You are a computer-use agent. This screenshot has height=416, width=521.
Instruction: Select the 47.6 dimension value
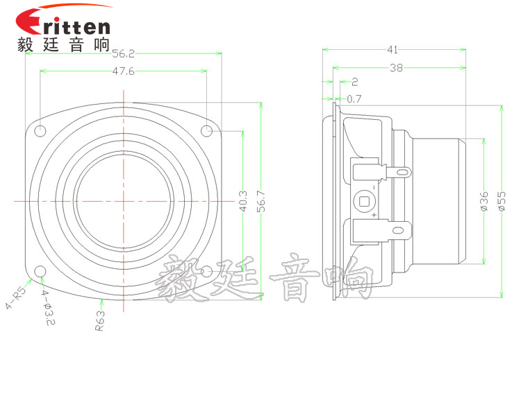123,71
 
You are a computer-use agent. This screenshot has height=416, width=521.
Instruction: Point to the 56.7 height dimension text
262,202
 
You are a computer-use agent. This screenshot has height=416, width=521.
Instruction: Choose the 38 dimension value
397,68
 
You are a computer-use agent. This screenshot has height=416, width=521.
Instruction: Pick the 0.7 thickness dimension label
354,98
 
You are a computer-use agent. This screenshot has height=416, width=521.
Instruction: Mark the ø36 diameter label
484,201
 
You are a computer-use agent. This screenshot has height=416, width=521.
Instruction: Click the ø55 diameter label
502,202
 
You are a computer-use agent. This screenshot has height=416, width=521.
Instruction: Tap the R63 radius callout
100,320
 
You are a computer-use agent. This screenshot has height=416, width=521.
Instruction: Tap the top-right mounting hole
206,131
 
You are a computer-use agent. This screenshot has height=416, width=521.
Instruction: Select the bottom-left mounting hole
41,271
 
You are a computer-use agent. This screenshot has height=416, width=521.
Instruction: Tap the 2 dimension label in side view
355,81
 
